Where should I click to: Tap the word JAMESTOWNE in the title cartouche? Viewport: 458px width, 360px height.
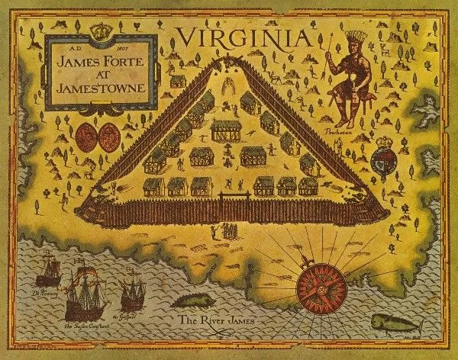(101, 83)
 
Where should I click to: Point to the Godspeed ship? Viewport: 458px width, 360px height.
(132, 291)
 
